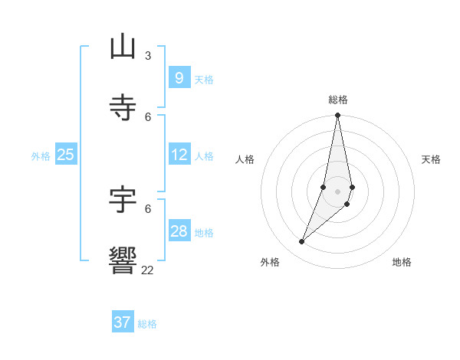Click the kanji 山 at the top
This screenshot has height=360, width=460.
123,47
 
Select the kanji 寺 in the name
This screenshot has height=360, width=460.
123,108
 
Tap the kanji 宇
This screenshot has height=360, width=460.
123,200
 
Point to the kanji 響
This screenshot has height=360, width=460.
123,260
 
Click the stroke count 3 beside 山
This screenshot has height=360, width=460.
148,55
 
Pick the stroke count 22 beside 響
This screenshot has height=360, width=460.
147,270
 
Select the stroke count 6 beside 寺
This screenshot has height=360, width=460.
148,116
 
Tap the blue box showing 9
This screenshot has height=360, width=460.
179,78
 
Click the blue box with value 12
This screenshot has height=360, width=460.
179,155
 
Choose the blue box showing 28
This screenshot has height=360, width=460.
179,231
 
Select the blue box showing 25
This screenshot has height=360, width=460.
65,155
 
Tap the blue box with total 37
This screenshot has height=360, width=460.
122,322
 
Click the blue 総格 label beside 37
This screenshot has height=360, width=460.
147,324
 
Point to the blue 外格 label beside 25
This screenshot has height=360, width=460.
41,156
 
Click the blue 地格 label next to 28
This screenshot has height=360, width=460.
204,233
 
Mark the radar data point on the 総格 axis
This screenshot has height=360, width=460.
337,116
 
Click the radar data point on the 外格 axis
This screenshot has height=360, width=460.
301,242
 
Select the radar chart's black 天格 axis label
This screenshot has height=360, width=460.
431,159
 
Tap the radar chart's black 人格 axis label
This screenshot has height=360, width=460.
245,159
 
